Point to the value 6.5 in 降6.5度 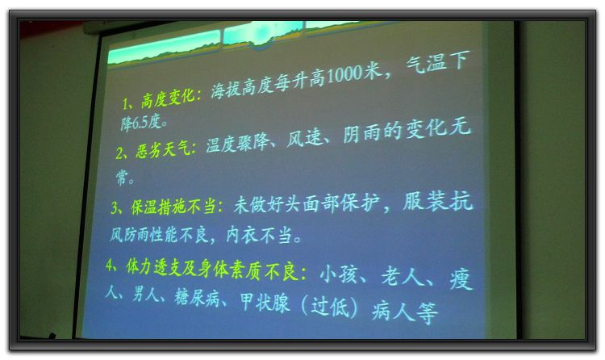[140, 123]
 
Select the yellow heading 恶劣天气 [162, 149]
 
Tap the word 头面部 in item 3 [312, 203]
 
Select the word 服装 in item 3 [423, 201]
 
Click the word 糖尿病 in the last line [197, 297]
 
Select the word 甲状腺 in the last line [265, 302]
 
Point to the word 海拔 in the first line [225, 90]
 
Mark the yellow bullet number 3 [115, 207]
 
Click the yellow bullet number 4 [110, 266]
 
